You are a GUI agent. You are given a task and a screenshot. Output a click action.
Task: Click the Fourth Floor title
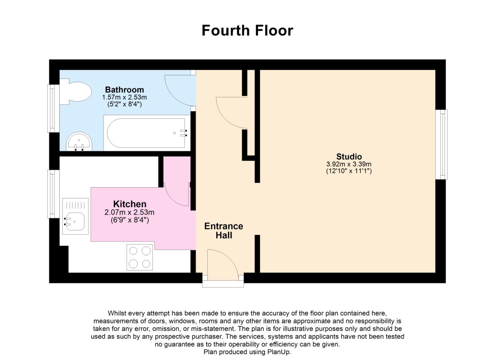(x=247, y=30)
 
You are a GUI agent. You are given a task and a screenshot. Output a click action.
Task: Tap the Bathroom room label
(x=124, y=90)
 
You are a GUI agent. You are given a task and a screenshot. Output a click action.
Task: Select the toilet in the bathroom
(x=76, y=92)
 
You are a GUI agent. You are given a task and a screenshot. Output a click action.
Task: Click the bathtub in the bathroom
(x=147, y=133)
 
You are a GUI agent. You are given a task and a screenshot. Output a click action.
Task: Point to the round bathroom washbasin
(x=79, y=141)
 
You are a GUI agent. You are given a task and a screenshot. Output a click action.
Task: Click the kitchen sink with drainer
(x=75, y=216)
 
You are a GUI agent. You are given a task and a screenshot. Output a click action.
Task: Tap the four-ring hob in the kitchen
(x=140, y=257)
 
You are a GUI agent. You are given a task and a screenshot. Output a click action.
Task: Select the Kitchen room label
(x=130, y=204)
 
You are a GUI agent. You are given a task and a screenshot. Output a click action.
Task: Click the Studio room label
(x=349, y=157)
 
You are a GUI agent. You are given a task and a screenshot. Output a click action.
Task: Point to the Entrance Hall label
(x=224, y=231)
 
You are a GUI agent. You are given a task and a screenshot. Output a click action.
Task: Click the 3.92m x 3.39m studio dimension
(x=349, y=164)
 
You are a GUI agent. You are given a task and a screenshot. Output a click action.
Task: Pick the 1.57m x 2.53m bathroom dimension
(x=124, y=97)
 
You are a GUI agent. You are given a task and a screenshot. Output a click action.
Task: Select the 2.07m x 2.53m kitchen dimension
(x=129, y=212)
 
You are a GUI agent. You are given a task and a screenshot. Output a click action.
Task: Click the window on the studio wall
(x=441, y=145)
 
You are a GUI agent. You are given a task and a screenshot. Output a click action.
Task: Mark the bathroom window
(x=53, y=109)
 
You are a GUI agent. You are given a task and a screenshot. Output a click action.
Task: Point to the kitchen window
(x=53, y=194)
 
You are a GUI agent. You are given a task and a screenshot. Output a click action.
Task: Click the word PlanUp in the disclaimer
(x=279, y=352)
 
